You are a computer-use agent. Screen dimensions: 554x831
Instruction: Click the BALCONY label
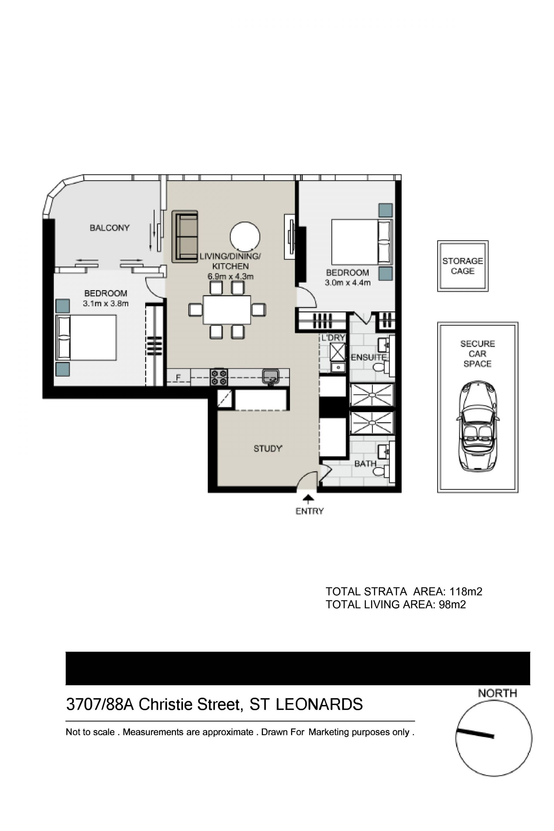[110, 228]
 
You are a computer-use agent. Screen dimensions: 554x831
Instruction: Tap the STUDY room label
[268, 448]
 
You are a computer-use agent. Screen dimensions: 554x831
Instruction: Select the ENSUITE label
[368, 357]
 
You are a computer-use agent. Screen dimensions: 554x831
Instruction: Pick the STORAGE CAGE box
[463, 266]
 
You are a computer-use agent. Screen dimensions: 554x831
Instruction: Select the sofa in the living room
[185, 236]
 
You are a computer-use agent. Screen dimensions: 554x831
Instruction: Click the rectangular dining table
[227, 310]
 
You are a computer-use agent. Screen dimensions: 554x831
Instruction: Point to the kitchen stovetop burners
[219, 377]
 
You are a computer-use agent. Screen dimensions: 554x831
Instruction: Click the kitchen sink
[271, 376]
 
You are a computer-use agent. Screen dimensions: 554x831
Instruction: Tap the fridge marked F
[178, 377]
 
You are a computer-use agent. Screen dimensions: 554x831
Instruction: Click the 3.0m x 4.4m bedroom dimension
[348, 283]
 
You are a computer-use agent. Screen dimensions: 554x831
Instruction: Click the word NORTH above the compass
[497, 693]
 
